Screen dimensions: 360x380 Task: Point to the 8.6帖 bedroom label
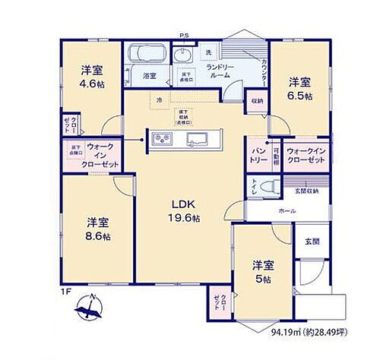[97, 229]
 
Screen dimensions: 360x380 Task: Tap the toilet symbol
[264, 187]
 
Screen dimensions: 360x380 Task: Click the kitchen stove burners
[163, 138]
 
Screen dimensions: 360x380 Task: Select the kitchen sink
[199, 138]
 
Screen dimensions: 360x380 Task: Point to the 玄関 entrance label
[312, 241]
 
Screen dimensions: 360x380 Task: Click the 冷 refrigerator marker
[159, 99]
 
